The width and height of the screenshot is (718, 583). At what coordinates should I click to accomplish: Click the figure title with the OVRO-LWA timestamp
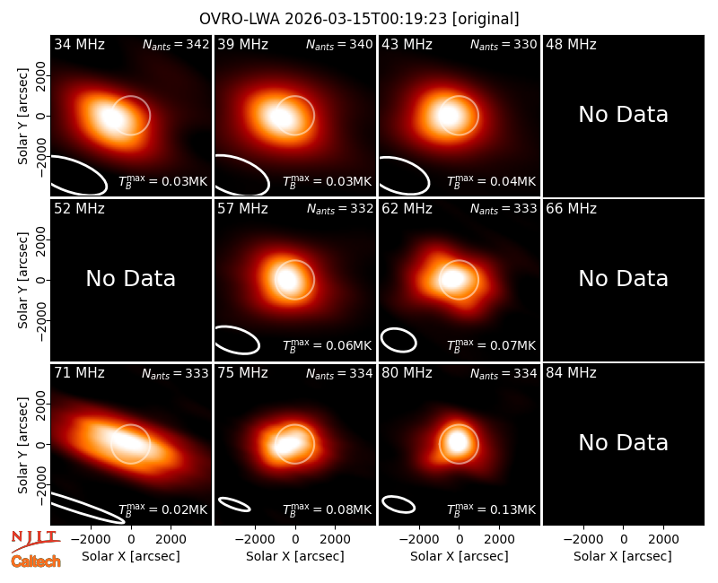[359, 19]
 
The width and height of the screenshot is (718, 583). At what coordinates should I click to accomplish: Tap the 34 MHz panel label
[79, 44]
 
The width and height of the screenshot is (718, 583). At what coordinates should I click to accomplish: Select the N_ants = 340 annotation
[339, 44]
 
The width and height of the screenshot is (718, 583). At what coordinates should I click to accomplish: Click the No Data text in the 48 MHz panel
[623, 115]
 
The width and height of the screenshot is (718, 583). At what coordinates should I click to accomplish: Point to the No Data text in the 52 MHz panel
[130, 279]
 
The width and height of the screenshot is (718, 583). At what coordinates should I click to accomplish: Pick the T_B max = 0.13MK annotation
[491, 509]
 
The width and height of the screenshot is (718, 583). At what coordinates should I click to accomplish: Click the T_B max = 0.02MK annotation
[163, 509]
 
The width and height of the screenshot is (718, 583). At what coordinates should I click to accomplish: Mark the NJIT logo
[35, 540]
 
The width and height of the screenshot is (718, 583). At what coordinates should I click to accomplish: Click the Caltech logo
[36, 561]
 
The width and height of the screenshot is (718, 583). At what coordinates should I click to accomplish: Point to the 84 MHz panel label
[571, 373]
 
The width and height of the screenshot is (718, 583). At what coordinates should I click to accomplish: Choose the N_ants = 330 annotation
[503, 44]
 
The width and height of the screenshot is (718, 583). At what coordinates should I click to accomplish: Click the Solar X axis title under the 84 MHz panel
[623, 556]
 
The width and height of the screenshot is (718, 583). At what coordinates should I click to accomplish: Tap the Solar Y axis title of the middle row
[22, 280]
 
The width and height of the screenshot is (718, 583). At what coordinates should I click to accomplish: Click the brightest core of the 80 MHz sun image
[458, 442]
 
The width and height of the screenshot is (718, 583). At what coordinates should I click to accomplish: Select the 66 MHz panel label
[571, 209]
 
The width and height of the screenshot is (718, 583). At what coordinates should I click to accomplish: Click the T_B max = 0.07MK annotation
[491, 345]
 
